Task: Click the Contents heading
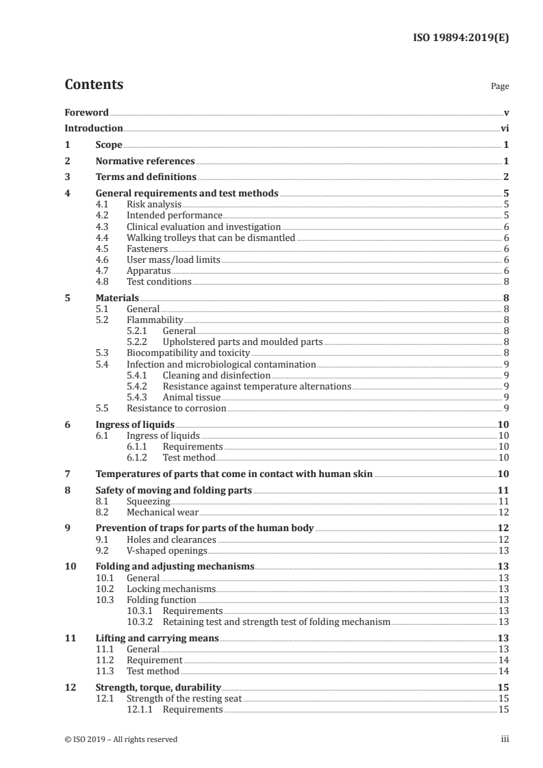[x=94, y=85]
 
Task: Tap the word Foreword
[x=86, y=112]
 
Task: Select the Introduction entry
[x=94, y=128]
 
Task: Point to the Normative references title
[x=145, y=162]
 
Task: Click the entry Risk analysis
[x=154, y=204]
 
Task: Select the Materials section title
[x=117, y=298]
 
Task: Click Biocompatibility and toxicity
[x=188, y=353]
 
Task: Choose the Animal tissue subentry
[x=192, y=398]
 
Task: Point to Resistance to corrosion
[x=177, y=409]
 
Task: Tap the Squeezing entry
[x=149, y=501]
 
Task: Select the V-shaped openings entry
[x=166, y=550]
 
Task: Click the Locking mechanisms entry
[x=171, y=589]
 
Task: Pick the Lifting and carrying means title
[x=157, y=638]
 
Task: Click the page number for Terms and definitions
[x=505, y=178]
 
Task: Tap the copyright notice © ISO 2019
[x=121, y=739]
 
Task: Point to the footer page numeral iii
[x=505, y=739]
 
